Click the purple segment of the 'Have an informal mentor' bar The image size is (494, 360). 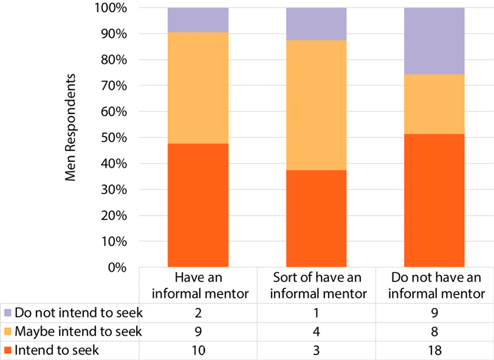tap(198, 20)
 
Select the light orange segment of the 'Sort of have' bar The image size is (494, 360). tap(317, 105)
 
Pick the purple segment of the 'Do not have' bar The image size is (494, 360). tap(434, 41)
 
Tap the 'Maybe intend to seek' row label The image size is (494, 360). tap(78, 331)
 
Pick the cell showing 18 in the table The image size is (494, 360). tap(434, 350)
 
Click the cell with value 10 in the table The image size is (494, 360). tap(198, 350)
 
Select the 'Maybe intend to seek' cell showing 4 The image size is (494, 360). tap(317, 331)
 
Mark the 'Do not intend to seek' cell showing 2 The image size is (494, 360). tap(198, 314)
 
